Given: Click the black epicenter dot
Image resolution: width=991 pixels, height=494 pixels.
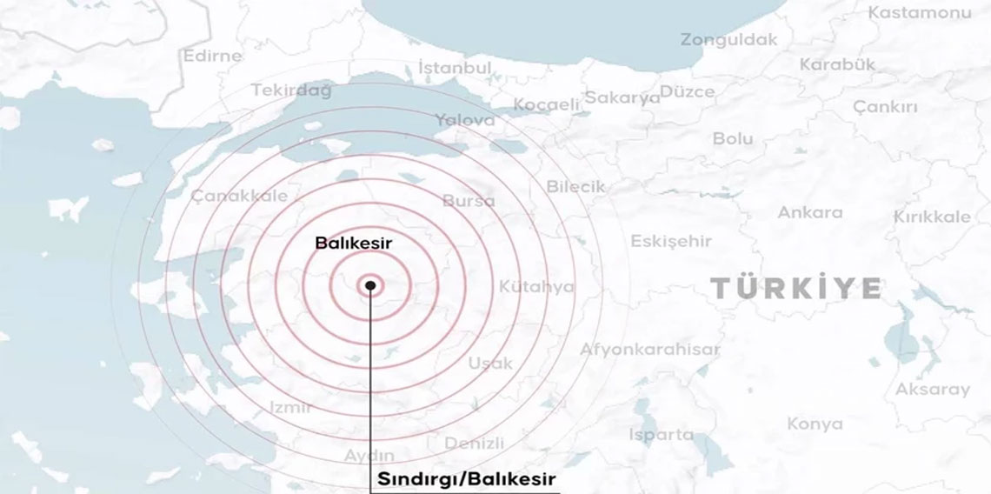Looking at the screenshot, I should pos(371,284).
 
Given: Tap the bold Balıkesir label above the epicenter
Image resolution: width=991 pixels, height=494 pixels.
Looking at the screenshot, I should pos(354,244).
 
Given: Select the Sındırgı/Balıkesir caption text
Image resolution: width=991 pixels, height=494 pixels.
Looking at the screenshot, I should pos(466,479).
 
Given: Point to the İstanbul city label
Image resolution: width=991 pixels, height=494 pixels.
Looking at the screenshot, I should pos(455,68).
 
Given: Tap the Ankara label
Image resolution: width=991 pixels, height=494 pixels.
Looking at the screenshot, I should pos(809,212).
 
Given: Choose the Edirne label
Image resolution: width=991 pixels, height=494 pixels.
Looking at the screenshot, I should pos(212,56).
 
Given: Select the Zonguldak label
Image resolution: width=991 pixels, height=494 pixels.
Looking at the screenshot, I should pos(728,40).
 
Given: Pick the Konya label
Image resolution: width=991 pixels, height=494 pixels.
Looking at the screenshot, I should pos(815,424).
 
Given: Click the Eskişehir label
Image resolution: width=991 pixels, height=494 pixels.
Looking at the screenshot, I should pos(670,241).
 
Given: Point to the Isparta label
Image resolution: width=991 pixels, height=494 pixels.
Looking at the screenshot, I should pos(662,434).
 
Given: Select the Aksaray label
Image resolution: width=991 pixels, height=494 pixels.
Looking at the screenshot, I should pos(932,389).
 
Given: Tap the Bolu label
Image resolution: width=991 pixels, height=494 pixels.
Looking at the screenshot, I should pos(732,138).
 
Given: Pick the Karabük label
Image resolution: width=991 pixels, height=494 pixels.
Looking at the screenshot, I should pos(836,64).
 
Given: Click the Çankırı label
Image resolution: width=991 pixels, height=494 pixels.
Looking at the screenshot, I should pos(885,107).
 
